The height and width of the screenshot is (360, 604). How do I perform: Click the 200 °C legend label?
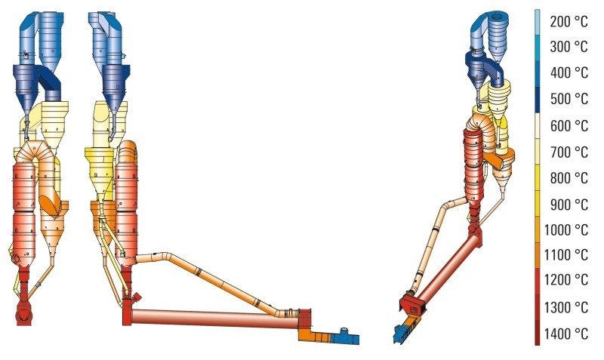tap(569, 22)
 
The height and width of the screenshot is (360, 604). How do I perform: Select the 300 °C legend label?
tap(569, 47)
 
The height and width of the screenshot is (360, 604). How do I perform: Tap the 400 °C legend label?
tap(569, 72)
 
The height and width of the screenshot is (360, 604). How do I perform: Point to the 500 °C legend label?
tap(569, 100)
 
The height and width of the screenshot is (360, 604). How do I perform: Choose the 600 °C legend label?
tap(569, 126)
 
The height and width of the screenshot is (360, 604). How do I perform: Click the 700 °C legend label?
tap(569, 152)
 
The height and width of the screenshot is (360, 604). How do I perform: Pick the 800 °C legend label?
tap(569, 178)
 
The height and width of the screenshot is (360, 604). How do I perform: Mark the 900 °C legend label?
tap(569, 205)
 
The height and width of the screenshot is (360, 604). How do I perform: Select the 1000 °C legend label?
tap(565, 230)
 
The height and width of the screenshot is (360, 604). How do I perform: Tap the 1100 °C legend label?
tap(565, 255)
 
